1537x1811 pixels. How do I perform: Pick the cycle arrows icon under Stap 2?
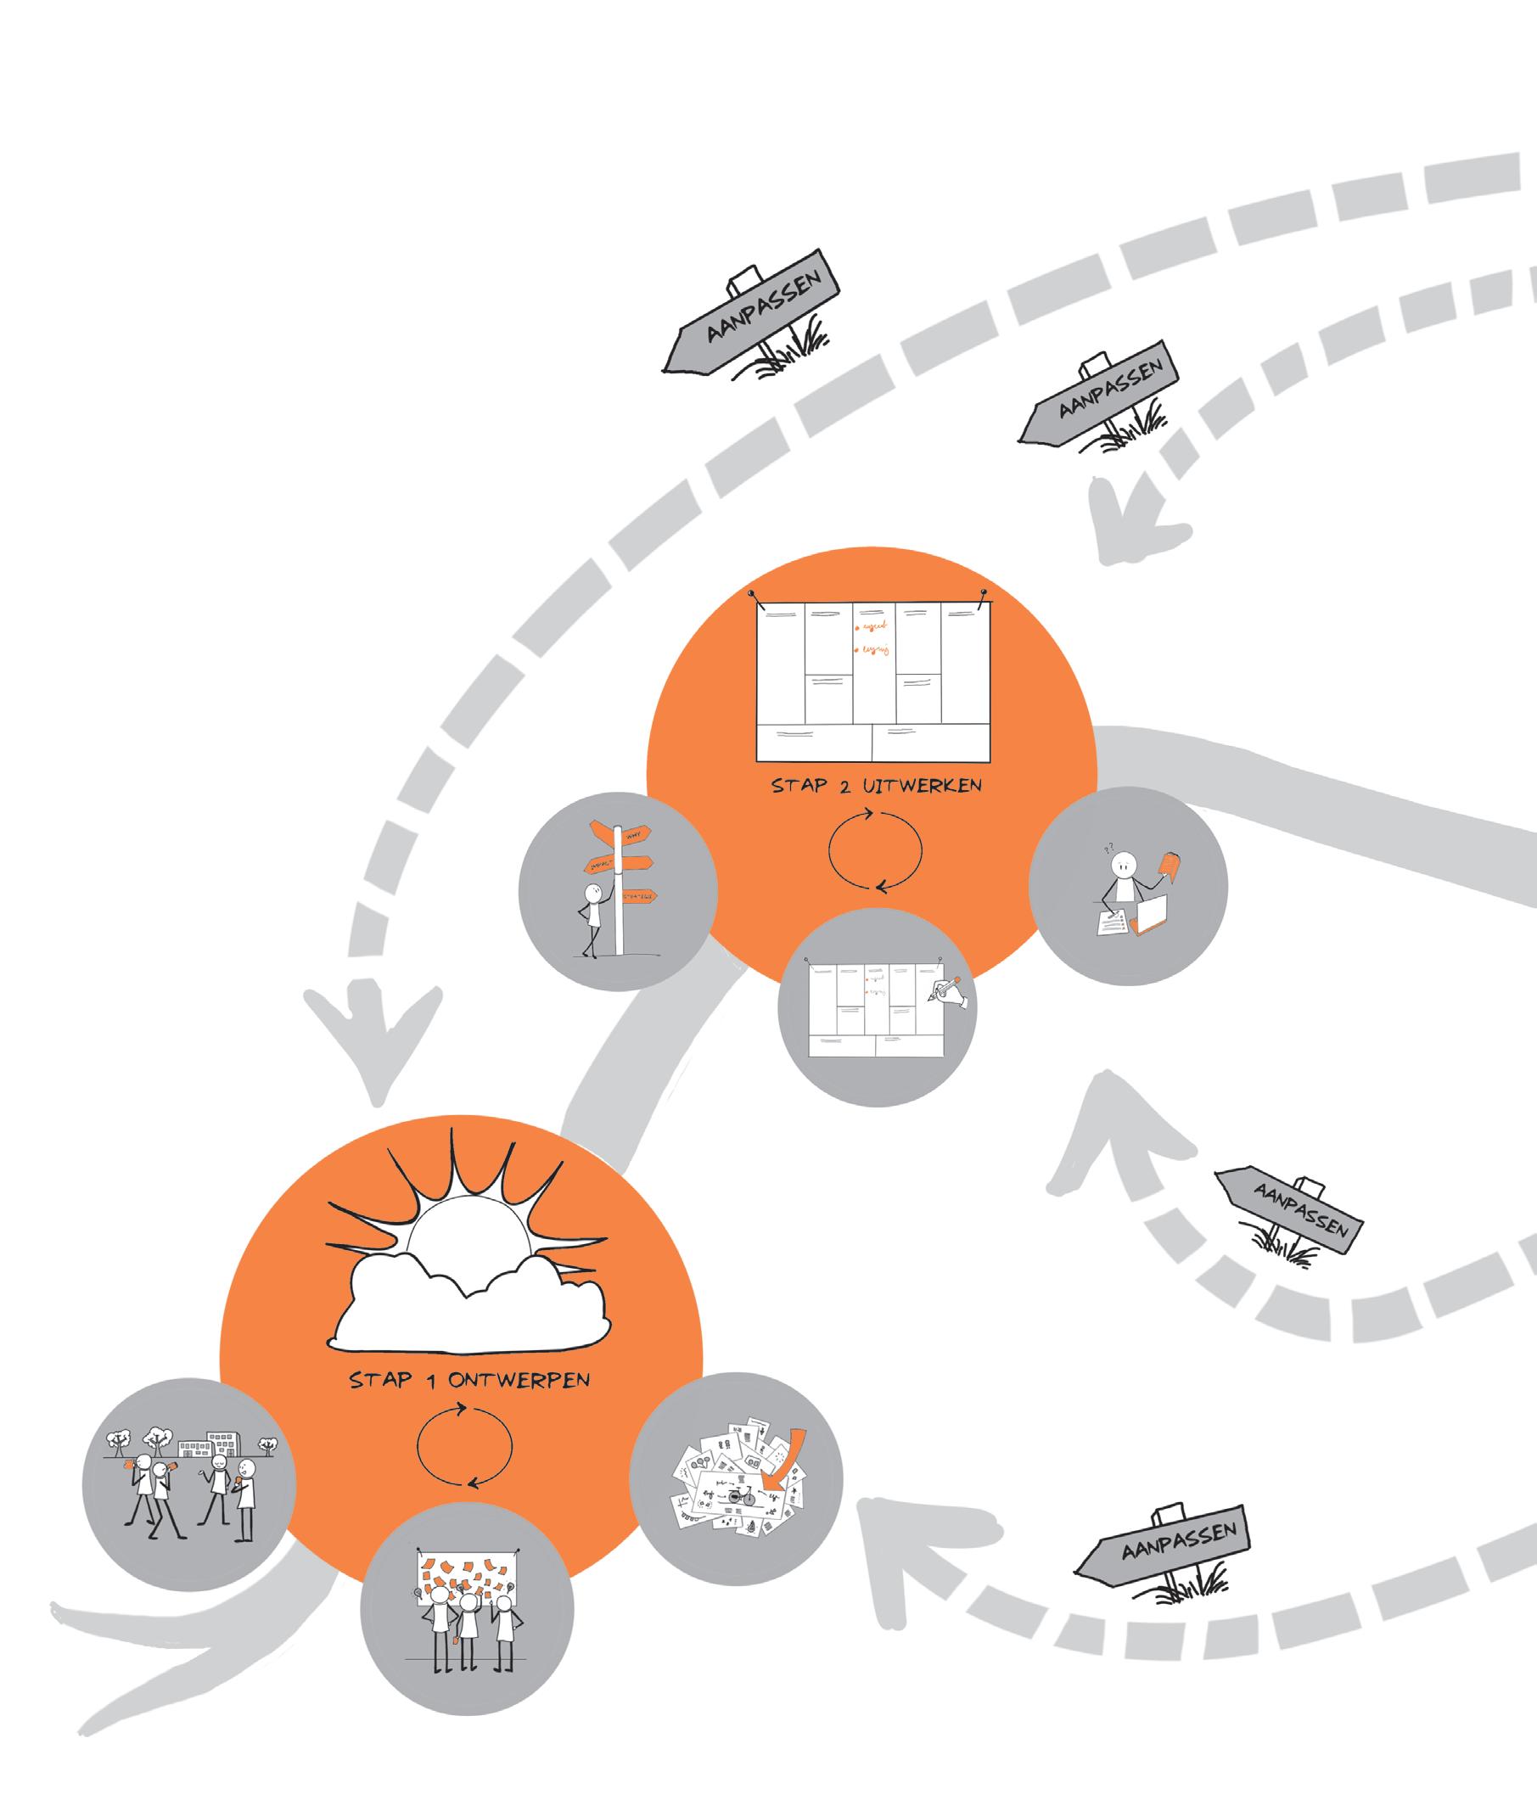pos(875,849)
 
